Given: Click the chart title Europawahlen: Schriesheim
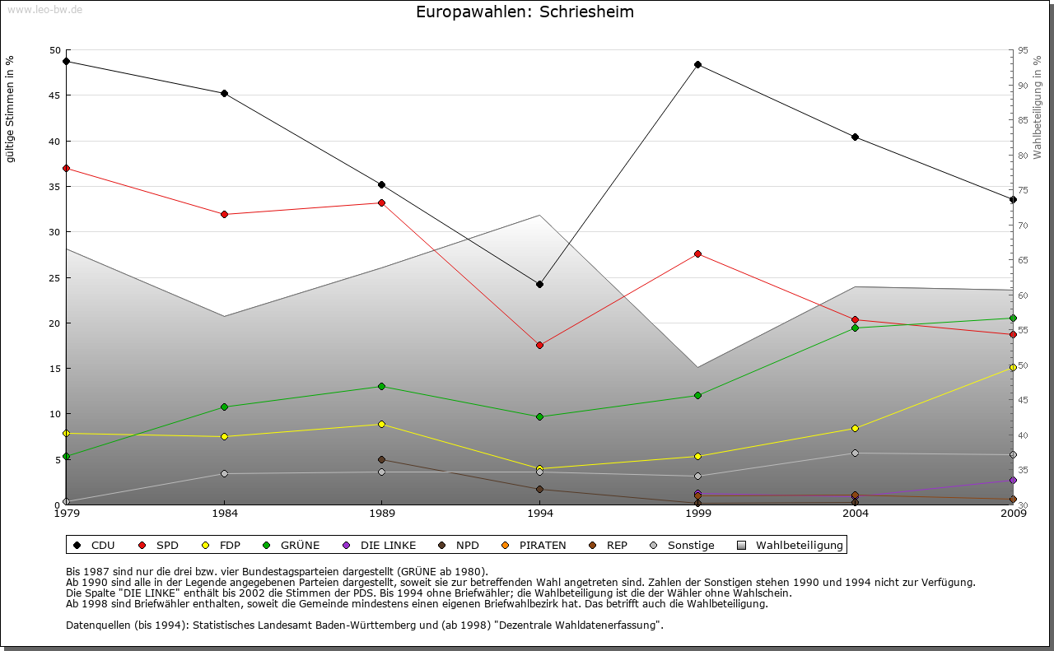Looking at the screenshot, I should [525, 12].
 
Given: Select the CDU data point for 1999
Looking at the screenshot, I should [697, 64].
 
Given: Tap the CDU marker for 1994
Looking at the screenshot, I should [539, 284].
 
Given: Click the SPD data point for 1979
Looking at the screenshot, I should [66, 168].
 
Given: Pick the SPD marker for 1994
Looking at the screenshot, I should [539, 345].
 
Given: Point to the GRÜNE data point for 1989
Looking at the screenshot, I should [381, 386].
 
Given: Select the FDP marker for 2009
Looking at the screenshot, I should [1013, 367].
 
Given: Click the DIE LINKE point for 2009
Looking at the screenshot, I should [1013, 480].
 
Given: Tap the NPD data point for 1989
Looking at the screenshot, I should [381, 459].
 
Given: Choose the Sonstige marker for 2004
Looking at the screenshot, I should [855, 453].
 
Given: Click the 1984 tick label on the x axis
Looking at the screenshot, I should [224, 514].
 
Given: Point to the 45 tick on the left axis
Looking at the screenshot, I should [55, 95].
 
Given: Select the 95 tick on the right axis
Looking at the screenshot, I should [1023, 50].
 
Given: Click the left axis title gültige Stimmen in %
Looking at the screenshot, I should [11, 109].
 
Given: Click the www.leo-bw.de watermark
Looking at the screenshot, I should [44, 10].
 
